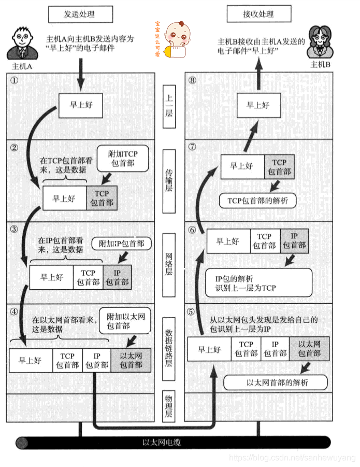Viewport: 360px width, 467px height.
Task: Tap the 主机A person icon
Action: pos(21,45)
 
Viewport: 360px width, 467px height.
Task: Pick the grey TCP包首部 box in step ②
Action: pos(102,198)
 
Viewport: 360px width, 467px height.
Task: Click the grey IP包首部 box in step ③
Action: pos(117,277)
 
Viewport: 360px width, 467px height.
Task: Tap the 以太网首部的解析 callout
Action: pos(276,383)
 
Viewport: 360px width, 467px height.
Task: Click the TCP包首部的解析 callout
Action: pos(257,200)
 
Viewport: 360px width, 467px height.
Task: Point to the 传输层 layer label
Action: pos(169,179)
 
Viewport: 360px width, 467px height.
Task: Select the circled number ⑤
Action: pos(191,312)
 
